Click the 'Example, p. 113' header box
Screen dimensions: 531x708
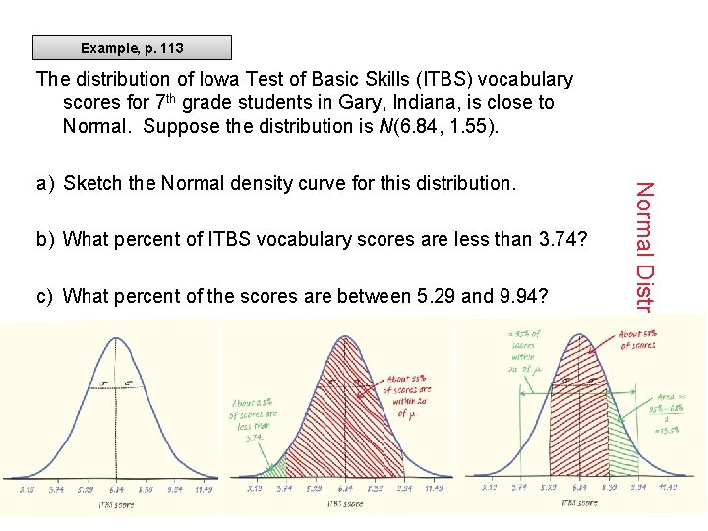(132, 48)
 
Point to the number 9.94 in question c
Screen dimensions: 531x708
(526, 296)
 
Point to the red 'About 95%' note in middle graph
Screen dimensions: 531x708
(406, 393)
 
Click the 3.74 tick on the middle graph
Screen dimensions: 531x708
(286, 489)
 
